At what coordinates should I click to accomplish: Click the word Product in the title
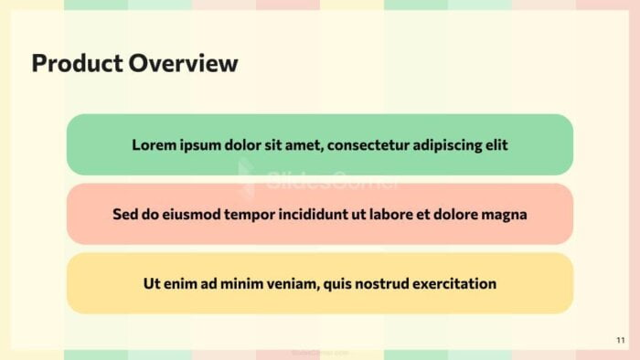76,63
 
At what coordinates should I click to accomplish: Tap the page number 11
621,340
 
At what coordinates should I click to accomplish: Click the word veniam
289,283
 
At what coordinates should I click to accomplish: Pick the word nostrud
379,283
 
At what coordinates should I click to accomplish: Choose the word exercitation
454,283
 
